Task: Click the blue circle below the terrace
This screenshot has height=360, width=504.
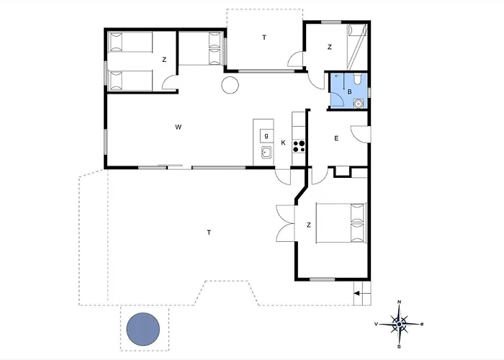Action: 143,329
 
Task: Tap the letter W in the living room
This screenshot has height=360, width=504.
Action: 179,127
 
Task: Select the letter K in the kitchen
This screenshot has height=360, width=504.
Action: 283,143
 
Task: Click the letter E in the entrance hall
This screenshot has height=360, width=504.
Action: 336,138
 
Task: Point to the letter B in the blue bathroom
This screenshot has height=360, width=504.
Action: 349,92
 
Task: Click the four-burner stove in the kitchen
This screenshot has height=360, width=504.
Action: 299,146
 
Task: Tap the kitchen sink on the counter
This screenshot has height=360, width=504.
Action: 266,152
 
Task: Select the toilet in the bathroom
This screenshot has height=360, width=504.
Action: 357,78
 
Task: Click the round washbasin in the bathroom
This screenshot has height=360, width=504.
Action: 358,104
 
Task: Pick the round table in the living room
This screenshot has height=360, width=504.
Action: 230,85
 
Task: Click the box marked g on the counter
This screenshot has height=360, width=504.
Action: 266,135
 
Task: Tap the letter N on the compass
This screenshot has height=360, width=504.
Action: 399,302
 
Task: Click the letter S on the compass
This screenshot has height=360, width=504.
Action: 399,346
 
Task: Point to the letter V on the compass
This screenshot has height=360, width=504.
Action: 376,324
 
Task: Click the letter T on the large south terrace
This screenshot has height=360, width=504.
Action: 209,233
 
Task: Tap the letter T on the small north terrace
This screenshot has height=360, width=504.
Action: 264,37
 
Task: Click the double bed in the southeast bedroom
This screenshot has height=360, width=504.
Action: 341,222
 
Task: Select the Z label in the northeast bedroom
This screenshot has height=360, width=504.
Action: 330,48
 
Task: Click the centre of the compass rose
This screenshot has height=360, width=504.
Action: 399,324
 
